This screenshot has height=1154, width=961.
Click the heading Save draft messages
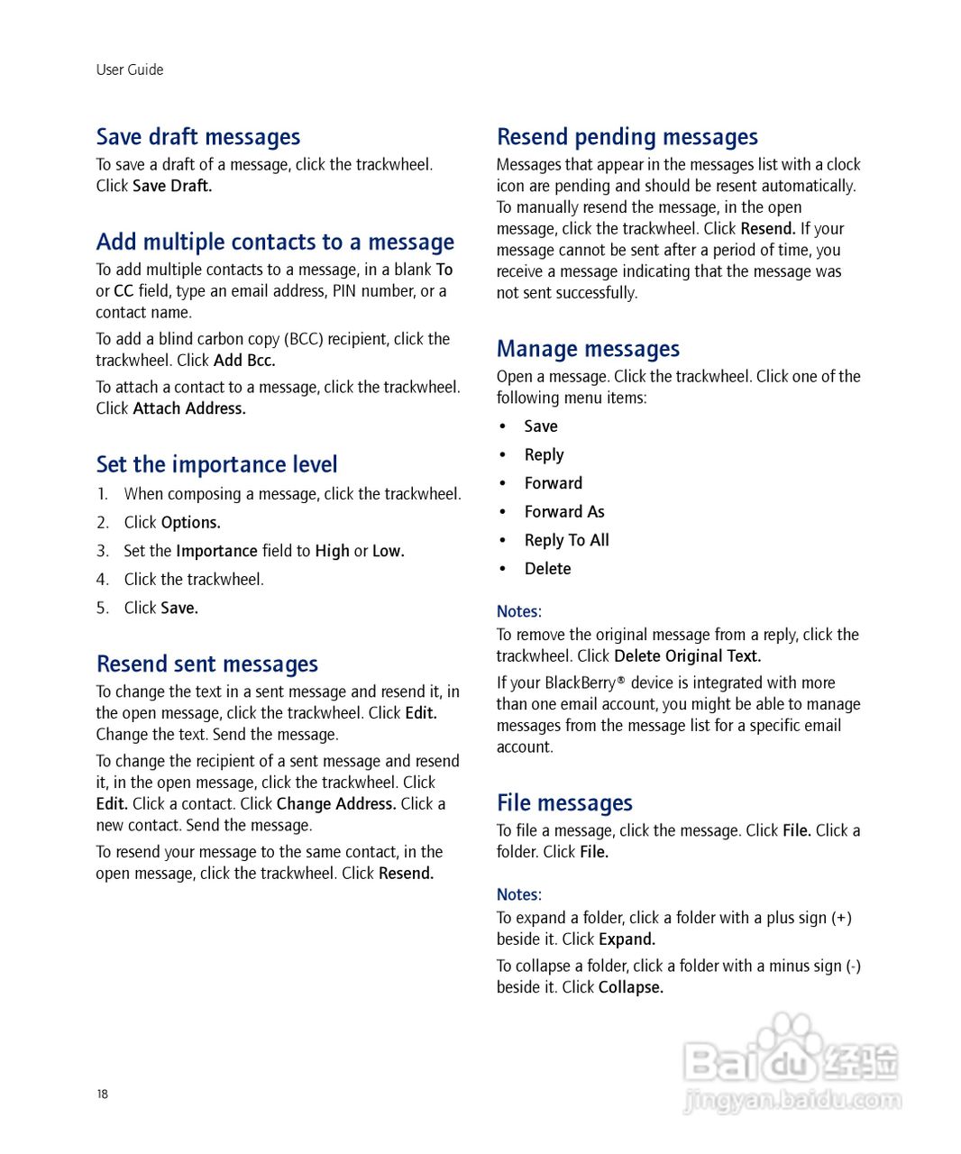coord(198,137)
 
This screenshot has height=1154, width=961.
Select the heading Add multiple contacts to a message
coord(275,243)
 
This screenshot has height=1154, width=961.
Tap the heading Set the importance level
coord(216,465)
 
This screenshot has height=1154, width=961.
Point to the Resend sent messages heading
coord(207,664)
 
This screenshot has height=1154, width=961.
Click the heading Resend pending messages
coord(627,137)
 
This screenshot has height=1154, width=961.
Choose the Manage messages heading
coord(588,349)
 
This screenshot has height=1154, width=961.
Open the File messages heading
coord(564,803)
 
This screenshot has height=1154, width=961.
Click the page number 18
coord(102,1094)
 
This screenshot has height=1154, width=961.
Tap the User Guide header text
coord(130,70)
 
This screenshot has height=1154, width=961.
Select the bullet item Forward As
coord(564,512)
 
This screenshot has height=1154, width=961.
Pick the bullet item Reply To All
coord(567,541)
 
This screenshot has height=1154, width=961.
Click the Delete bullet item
coord(548,569)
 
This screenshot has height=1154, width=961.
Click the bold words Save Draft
coord(172,187)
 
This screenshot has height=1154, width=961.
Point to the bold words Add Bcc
coord(244,361)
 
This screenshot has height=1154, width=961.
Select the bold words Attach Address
coord(189,408)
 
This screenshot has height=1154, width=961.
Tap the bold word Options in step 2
coord(190,523)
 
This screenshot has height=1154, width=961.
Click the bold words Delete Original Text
coord(687,656)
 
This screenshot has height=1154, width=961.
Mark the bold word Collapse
coord(631,988)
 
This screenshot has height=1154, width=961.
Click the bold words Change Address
coord(336,804)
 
